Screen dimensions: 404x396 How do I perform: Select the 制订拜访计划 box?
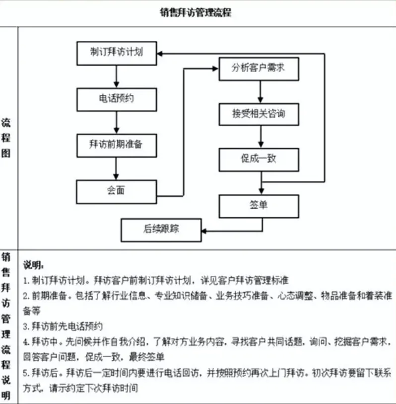tap(117, 52)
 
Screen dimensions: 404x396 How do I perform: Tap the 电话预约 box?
tap(117, 99)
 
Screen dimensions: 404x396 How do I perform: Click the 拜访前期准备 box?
tap(117, 145)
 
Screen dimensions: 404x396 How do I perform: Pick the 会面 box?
tap(117, 191)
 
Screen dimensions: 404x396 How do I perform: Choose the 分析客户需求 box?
tap(259, 69)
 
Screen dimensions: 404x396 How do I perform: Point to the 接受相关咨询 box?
tap(259, 114)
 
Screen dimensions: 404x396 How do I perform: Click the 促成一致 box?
tap(259, 160)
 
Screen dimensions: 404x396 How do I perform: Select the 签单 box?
tap(259, 205)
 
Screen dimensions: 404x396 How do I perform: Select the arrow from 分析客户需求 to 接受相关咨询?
tap(259, 91)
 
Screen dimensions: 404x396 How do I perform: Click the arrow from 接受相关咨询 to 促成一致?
tap(259, 137)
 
